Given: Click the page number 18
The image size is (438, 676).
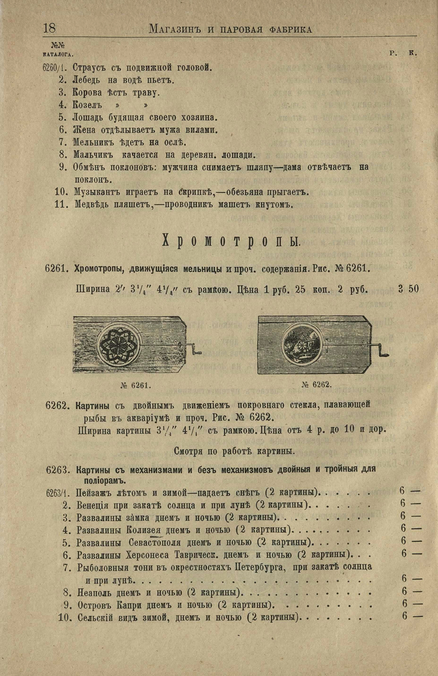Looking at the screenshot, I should click(49, 28).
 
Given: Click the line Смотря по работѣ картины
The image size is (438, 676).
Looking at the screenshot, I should click(233, 450).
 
